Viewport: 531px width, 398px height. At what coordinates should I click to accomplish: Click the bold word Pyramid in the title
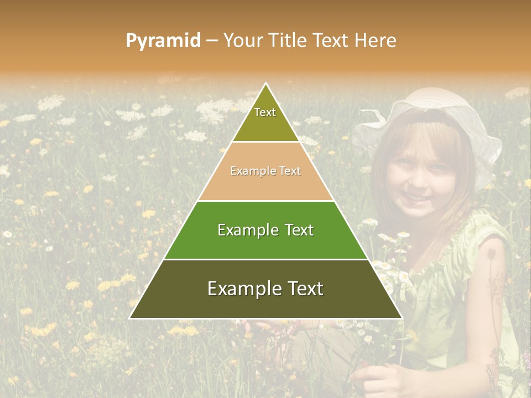pos(163,41)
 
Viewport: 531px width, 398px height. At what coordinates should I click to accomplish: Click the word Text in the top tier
pos(265,112)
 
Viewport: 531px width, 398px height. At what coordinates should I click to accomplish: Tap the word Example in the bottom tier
pos(241,289)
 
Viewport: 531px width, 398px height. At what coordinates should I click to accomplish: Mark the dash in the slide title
pos(212,41)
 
